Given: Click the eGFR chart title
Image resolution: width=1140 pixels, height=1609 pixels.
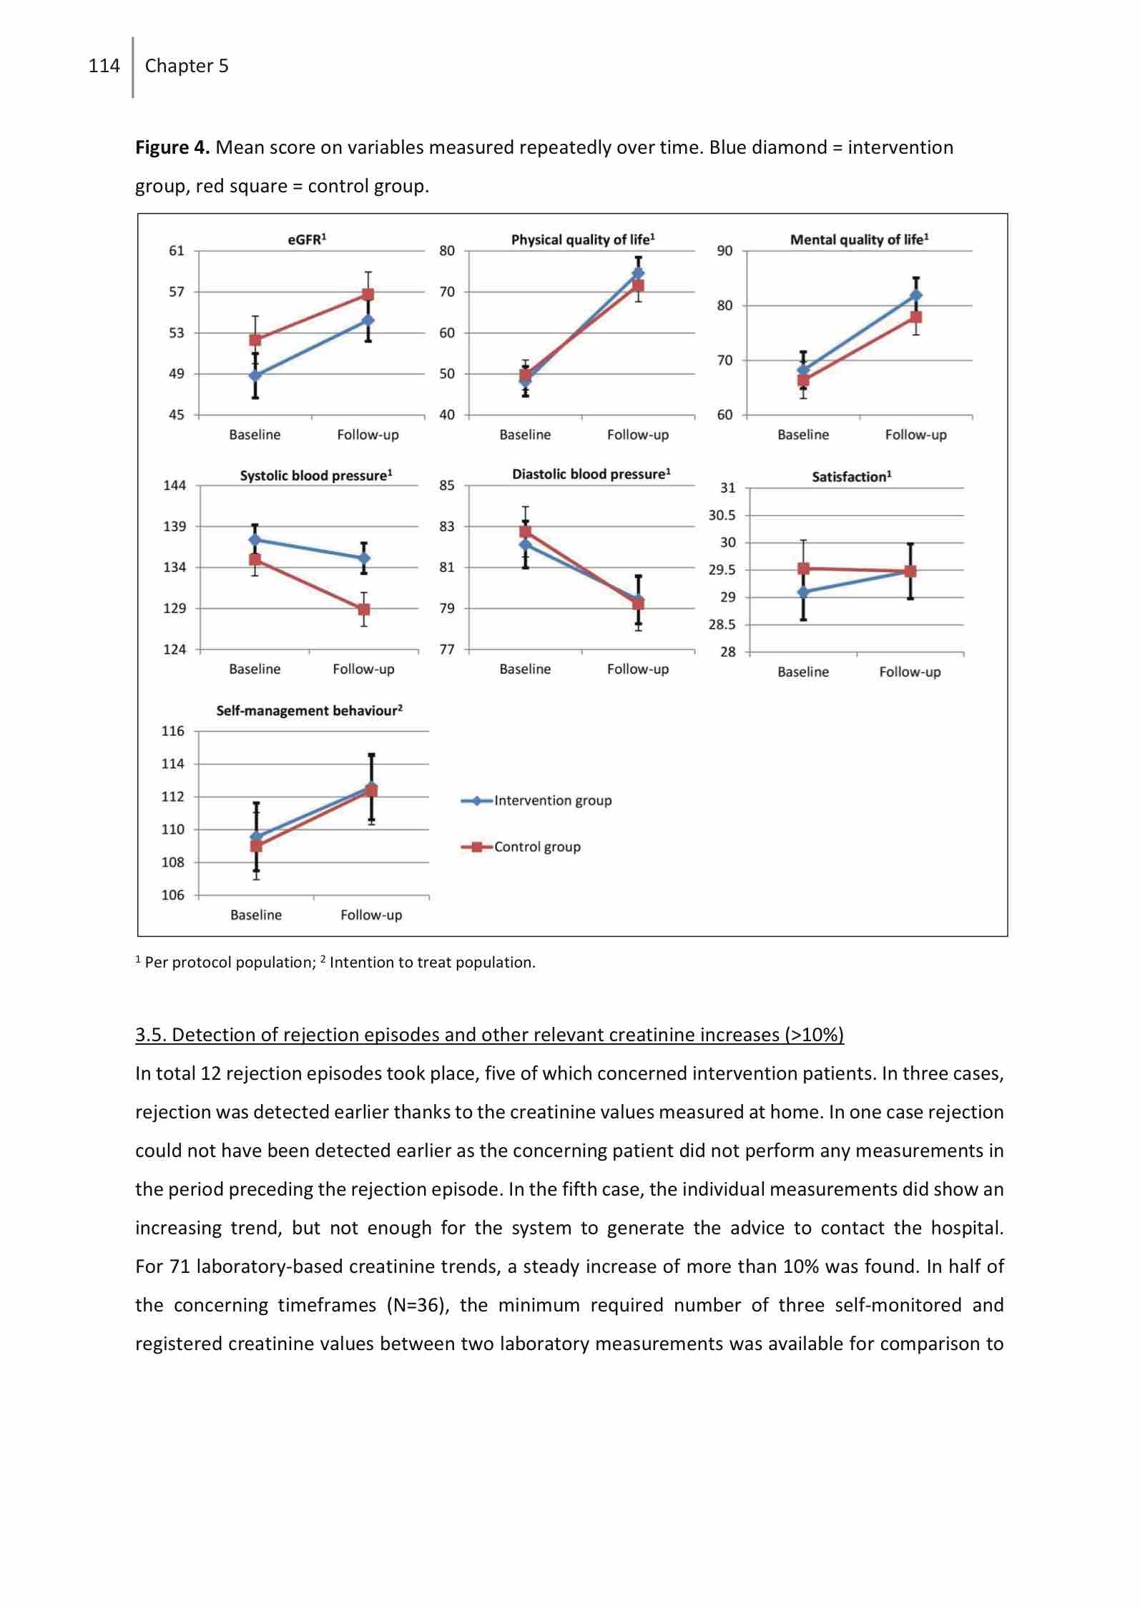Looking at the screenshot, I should pyautogui.click(x=307, y=240).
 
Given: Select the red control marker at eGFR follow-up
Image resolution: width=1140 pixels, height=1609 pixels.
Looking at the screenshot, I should pyautogui.click(x=368, y=294).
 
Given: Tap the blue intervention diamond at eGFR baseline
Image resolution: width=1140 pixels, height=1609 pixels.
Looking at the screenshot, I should pyautogui.click(x=255, y=375).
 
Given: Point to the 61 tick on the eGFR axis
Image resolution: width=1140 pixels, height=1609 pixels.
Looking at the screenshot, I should pyautogui.click(x=176, y=251).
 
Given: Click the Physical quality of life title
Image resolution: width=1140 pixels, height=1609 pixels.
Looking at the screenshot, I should pyautogui.click(x=583, y=240).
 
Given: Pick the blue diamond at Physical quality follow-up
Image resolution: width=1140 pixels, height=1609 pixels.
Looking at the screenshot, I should pyautogui.click(x=638, y=273).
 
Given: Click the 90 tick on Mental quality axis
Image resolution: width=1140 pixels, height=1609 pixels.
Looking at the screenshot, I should pyautogui.click(x=724, y=251).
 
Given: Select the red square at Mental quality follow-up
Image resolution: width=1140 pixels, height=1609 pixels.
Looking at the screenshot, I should pyautogui.click(x=916, y=317).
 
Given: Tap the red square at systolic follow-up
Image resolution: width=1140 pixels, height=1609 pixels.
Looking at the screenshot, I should pyautogui.click(x=364, y=609).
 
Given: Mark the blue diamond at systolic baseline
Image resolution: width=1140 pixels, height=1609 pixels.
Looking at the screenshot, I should pyautogui.click(x=255, y=539).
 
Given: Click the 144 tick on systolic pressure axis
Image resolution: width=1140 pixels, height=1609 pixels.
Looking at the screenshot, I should pyautogui.click(x=175, y=486).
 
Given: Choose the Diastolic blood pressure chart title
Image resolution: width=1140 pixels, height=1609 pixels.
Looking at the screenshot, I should pyautogui.click(x=591, y=474).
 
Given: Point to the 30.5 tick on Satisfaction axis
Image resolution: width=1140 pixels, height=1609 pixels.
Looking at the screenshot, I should pyautogui.click(x=722, y=516).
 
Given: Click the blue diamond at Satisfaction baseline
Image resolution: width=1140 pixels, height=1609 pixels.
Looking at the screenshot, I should pyautogui.click(x=803, y=592).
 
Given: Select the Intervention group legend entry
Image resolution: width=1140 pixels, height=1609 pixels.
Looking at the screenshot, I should pyautogui.click(x=552, y=801).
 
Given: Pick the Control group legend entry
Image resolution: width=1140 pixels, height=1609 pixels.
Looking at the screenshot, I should pyautogui.click(x=537, y=847).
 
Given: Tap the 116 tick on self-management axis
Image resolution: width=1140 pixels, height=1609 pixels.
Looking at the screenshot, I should pyautogui.click(x=172, y=732).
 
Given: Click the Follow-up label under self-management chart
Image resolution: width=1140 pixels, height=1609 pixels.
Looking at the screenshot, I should pyautogui.click(x=371, y=915).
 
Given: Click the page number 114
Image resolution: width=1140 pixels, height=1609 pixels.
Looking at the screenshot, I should pyautogui.click(x=104, y=66).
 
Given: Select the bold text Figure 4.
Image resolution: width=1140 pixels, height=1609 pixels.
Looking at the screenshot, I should pyautogui.click(x=172, y=148).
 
